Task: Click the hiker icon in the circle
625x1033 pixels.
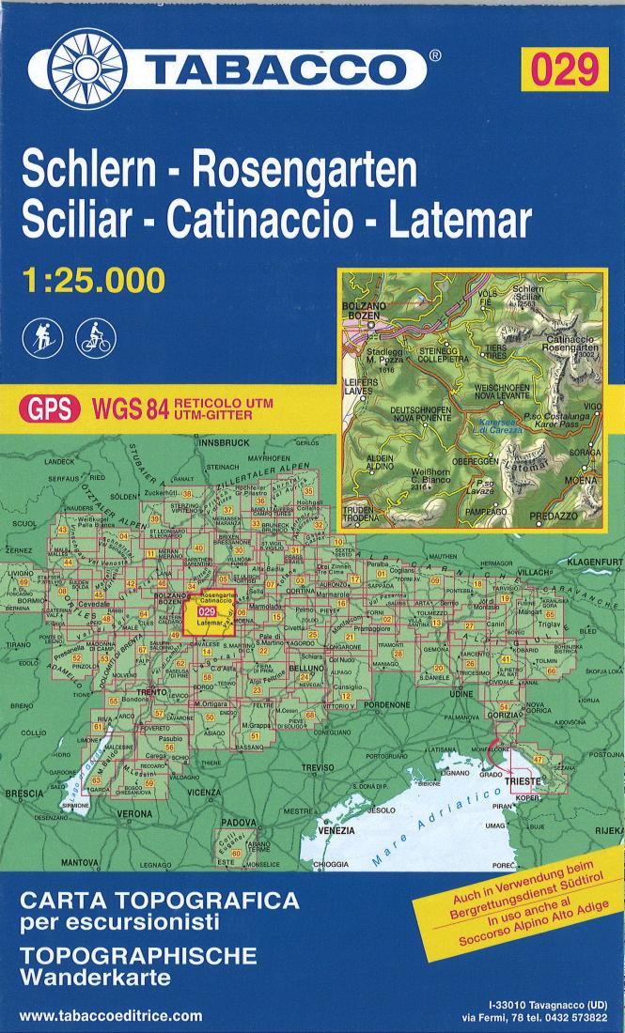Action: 44,335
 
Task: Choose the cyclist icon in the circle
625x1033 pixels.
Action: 97,335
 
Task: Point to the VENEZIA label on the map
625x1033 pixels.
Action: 336,830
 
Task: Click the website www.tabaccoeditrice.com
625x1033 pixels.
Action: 110,1015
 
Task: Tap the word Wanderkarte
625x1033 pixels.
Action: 94,978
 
